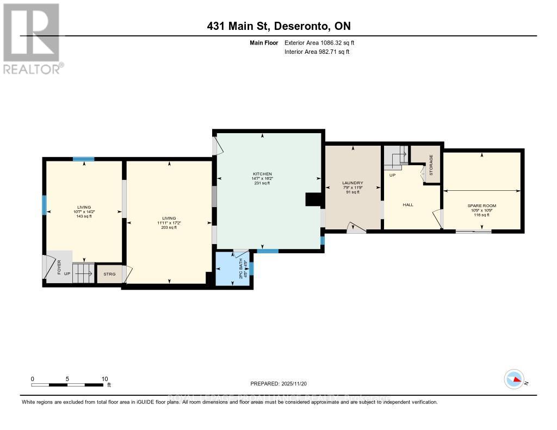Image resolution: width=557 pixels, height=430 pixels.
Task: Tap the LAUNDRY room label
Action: (352, 183)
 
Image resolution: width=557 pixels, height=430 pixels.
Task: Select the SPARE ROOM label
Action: (482, 205)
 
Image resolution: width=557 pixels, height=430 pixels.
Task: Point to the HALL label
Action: (408, 205)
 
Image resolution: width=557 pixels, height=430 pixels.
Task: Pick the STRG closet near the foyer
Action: (109, 274)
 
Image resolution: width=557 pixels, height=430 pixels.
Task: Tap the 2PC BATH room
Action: (233, 269)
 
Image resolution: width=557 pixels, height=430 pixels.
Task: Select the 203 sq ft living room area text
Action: (169, 227)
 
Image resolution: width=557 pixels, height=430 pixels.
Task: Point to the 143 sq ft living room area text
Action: (84, 216)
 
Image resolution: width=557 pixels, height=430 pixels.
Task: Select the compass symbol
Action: (514, 379)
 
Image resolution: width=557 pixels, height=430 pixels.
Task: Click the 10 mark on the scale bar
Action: (104, 379)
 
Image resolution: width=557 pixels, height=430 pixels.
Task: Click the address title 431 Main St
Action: (278, 27)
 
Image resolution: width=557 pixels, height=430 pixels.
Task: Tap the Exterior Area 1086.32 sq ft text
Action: (319, 42)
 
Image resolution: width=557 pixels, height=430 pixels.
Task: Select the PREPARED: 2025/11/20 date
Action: (278, 384)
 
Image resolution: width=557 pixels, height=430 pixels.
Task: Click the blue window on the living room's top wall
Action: (84, 159)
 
